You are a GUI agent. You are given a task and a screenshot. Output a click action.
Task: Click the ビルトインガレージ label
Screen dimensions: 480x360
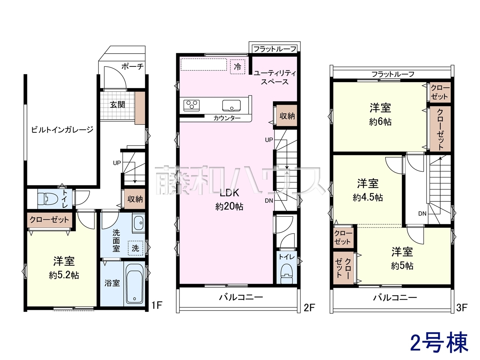[62, 130]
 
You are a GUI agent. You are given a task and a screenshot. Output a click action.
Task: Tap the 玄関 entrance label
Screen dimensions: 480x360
[117, 105]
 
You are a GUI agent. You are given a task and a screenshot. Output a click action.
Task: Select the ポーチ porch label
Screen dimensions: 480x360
[132, 66]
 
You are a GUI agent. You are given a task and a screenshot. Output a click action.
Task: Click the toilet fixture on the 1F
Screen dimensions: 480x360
[48, 199]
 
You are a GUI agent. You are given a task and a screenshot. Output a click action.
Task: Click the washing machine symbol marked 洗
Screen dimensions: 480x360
[135, 248]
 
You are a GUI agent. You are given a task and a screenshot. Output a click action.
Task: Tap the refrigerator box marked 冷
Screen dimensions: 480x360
[237, 67]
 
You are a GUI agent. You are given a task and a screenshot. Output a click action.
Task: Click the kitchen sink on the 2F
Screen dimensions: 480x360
[231, 106]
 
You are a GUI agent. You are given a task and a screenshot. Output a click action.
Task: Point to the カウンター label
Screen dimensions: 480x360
[227, 118]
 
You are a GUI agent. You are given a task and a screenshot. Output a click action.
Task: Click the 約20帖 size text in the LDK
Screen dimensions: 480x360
[229, 206]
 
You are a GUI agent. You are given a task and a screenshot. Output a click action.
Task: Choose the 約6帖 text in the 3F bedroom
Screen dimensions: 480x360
[380, 122]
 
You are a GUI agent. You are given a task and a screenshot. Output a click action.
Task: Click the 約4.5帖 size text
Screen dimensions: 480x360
[368, 198]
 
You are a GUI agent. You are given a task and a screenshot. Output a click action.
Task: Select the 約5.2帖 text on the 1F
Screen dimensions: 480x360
[64, 275]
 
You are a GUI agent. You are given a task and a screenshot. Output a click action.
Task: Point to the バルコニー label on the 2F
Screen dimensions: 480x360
[241, 297]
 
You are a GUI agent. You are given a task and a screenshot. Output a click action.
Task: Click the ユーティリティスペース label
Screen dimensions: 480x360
[274, 77]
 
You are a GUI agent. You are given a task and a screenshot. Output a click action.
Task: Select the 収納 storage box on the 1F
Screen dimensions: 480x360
[135, 199]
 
